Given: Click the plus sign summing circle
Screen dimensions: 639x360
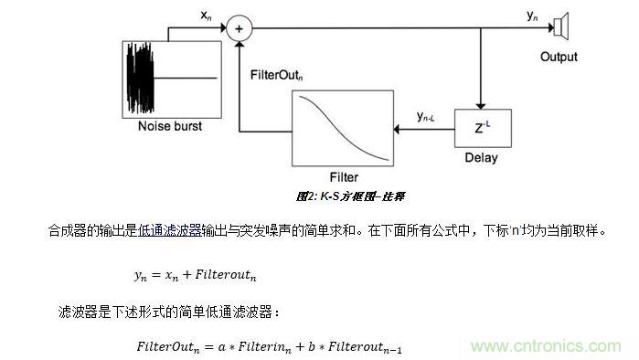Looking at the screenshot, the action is (240, 28).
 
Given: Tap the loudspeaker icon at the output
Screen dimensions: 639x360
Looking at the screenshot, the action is (561, 26).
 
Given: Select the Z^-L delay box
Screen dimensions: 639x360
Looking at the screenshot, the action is (483, 128).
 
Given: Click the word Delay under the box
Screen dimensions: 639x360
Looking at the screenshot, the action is (481, 157).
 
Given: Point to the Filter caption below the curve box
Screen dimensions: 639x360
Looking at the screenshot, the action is (344, 177).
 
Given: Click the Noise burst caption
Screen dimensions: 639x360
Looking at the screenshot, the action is (170, 126).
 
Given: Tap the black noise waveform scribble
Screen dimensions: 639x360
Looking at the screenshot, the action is (140, 78).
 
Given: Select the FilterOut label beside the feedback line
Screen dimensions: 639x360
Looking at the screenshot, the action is (276, 75).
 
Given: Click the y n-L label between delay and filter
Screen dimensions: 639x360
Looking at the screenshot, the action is (425, 117).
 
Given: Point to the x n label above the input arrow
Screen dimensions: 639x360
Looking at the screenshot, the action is (206, 16).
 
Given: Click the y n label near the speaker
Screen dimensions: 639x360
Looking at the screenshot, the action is (532, 16).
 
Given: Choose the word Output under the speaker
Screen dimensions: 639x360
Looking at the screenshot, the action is (559, 57).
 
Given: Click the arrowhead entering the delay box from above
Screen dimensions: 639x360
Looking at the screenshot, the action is (481, 106).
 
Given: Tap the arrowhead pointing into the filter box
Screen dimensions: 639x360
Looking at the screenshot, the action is (397, 130).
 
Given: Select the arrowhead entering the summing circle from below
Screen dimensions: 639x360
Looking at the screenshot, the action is (240, 44).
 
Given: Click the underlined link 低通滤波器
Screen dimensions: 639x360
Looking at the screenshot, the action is (170, 231).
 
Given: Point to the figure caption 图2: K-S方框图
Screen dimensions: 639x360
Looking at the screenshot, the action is (350, 196).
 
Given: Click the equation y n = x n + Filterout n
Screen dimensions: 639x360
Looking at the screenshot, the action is (196, 275).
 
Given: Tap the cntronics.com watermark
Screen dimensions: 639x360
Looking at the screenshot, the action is (546, 346).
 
